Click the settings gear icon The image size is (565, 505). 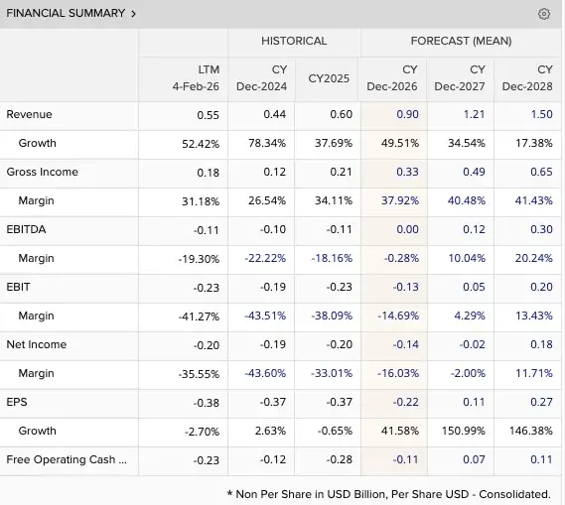point(544,14)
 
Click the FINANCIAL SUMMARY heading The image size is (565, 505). point(66,13)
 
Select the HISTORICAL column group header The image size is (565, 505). point(294,41)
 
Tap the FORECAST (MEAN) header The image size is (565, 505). point(461,41)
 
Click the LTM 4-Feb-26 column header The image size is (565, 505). point(196,78)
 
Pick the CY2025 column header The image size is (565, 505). point(329,78)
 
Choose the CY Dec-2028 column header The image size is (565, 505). point(527,78)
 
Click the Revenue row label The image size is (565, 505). point(29,114)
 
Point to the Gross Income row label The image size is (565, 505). point(42,172)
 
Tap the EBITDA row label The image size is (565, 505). point(26,229)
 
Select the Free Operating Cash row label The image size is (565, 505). point(67,459)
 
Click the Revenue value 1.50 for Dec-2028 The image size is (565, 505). point(541,114)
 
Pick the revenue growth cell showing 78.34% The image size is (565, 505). point(267,143)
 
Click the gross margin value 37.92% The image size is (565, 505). point(400,200)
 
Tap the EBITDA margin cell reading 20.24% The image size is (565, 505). point(533,258)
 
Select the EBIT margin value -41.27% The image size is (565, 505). point(199,316)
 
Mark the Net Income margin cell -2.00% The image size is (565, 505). point(468,373)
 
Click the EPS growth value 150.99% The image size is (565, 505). point(464,431)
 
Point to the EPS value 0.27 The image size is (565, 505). point(541,402)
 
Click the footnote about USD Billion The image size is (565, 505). point(389,494)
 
